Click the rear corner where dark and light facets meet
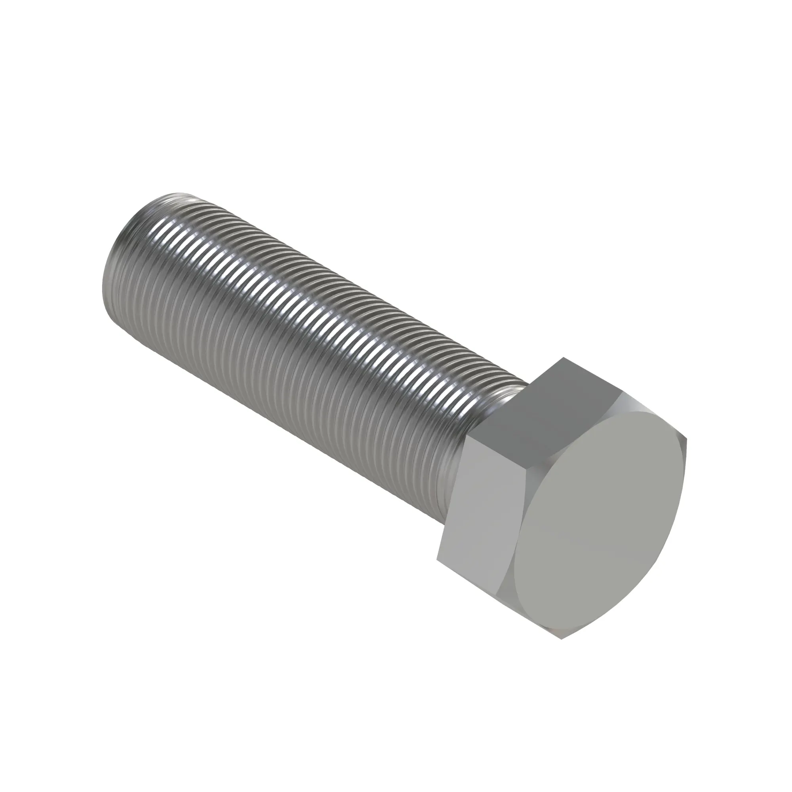(x=468, y=436)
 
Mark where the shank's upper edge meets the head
(x=525, y=383)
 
